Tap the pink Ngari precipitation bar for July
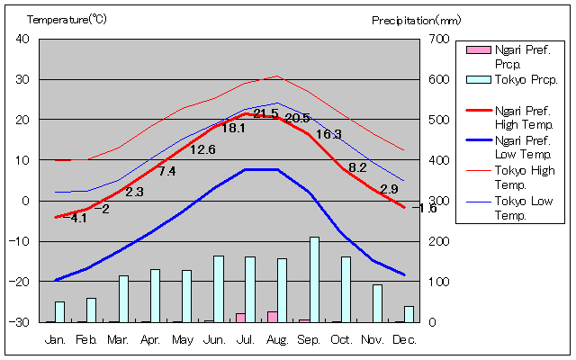(x=240, y=317)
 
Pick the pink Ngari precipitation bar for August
(x=272, y=316)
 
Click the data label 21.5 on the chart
(x=265, y=113)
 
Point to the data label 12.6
(x=202, y=149)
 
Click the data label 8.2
(x=357, y=167)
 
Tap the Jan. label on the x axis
(x=56, y=339)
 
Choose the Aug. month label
(x=277, y=339)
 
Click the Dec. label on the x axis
(x=405, y=339)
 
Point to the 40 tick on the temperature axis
(x=22, y=39)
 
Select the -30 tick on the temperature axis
(x=20, y=322)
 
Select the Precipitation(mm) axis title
(x=416, y=19)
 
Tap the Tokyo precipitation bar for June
(x=219, y=288)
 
